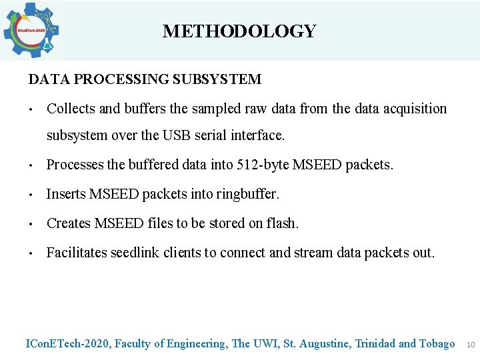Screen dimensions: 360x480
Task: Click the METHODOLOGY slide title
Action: [239, 31]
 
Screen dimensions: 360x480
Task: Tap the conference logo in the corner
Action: [31, 30]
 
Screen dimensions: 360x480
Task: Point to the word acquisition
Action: [413, 109]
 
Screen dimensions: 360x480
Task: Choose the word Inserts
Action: [65, 194]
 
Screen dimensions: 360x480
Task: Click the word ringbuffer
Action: [245, 194]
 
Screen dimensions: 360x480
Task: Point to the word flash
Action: [283, 223]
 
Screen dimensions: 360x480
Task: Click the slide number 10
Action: [470, 345]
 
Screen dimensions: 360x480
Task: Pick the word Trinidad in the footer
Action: [375, 344]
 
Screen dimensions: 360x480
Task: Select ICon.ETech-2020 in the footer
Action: [67, 344]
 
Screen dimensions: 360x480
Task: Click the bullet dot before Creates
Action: [31, 224]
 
